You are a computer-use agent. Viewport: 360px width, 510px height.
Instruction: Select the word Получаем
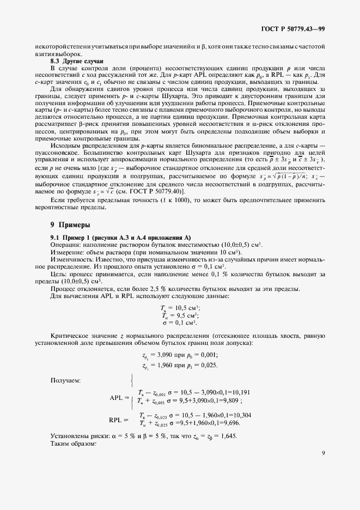[65, 380]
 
